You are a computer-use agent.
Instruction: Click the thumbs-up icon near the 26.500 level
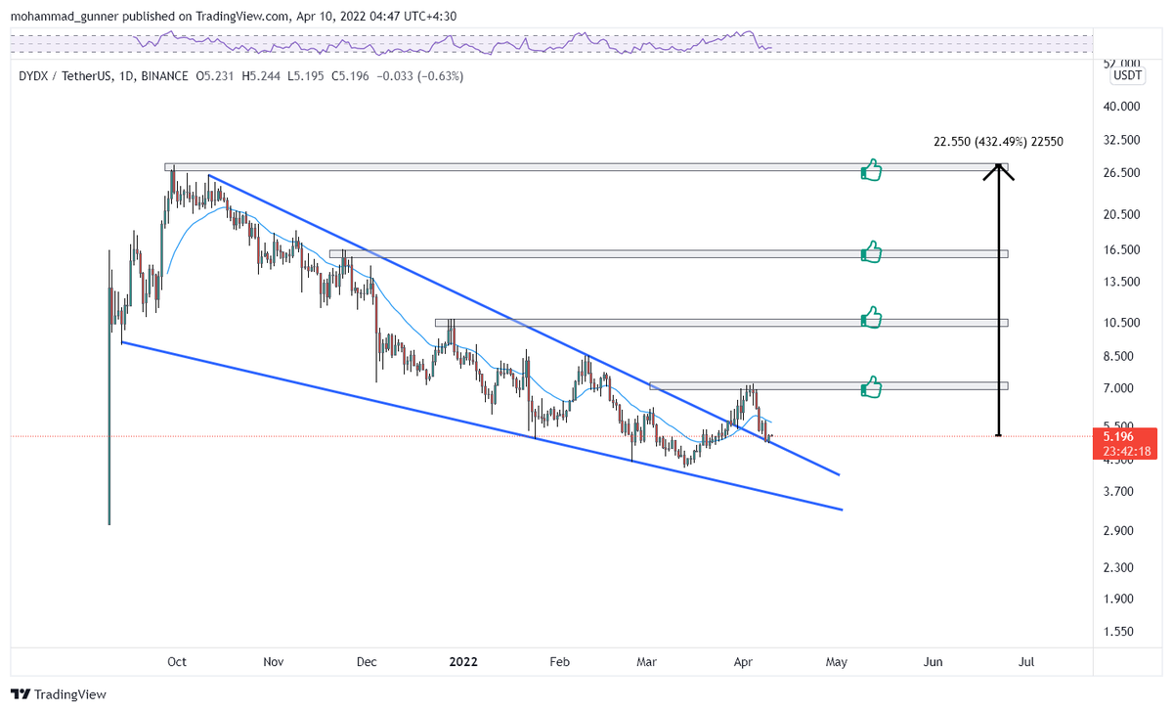coord(871,172)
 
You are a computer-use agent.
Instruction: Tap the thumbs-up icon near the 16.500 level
coord(871,253)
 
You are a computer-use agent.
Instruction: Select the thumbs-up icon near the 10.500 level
coord(871,318)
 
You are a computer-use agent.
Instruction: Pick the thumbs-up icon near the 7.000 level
coord(871,388)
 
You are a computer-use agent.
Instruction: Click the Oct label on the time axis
coord(176,662)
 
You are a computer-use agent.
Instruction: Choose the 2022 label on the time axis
coord(462,662)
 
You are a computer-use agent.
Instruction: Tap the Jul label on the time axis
coord(1027,662)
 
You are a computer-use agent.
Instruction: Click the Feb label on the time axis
coord(559,662)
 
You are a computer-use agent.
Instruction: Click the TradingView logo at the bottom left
coord(59,694)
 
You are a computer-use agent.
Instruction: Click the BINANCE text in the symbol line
coord(163,75)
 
